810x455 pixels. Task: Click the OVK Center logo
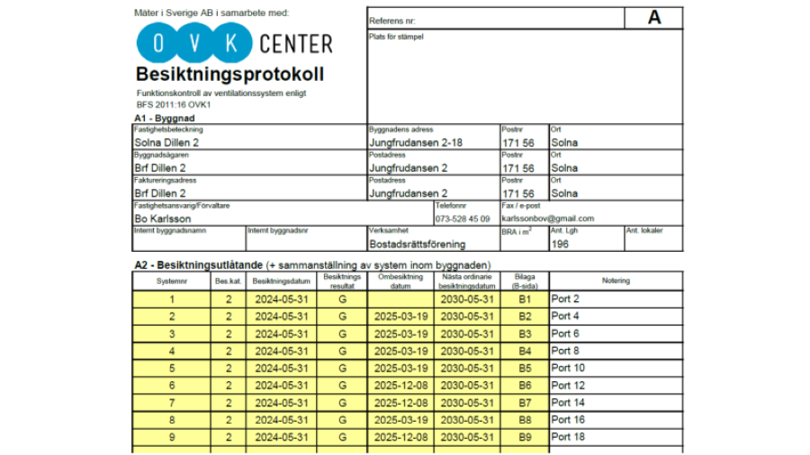click(x=234, y=42)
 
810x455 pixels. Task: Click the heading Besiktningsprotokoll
click(x=229, y=74)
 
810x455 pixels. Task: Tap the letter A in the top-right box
click(x=653, y=18)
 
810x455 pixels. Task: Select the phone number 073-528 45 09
click(x=463, y=219)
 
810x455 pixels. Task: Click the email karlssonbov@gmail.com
click(x=548, y=219)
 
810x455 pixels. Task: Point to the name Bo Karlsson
click(x=162, y=219)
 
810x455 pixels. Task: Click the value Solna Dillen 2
click(x=167, y=142)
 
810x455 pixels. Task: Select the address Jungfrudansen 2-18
click(x=416, y=142)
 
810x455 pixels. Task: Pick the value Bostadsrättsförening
click(x=418, y=244)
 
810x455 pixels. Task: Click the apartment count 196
click(x=560, y=244)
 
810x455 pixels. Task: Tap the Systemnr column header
click(x=172, y=281)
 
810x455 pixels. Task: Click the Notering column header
click(x=616, y=281)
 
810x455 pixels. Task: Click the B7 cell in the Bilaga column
click(x=525, y=403)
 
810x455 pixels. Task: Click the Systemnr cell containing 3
click(x=172, y=334)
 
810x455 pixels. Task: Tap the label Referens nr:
click(x=393, y=20)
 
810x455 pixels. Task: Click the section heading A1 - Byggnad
click(x=166, y=118)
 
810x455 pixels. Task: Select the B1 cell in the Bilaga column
click(x=525, y=299)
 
